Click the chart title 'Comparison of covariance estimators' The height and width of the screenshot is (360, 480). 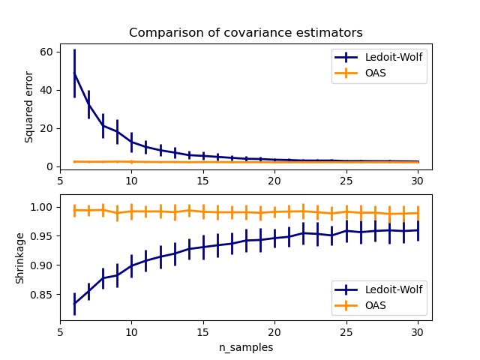point(245,33)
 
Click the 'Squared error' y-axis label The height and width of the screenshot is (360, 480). point(29,108)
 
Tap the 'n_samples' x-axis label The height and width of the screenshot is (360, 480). point(245,348)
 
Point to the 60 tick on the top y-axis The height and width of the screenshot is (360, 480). point(46,52)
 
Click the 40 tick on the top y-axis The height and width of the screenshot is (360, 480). point(46,90)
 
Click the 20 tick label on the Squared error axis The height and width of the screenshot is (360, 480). point(46,128)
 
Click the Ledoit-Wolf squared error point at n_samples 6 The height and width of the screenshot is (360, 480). point(74,73)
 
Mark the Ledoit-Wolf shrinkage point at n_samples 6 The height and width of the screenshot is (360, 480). point(74,303)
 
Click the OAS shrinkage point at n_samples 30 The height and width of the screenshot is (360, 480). point(417,213)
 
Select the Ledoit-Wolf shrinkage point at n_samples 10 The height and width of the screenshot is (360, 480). point(131,265)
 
